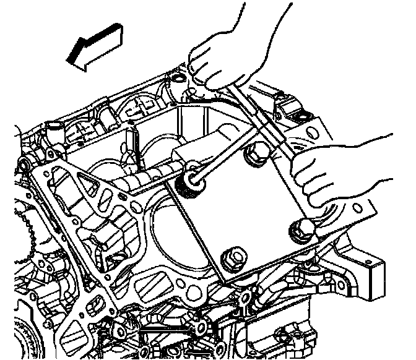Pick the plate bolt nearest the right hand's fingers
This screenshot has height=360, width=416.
[x=303, y=230]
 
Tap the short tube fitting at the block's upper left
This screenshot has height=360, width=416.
[x=54, y=132]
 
